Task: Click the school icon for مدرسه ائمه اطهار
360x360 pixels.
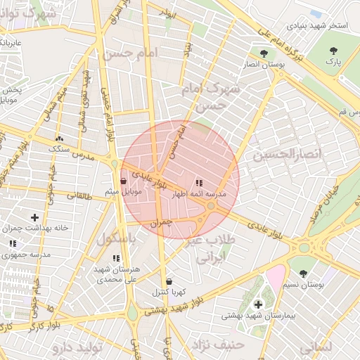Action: [x=199, y=183]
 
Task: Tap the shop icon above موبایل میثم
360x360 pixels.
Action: [x=124, y=181]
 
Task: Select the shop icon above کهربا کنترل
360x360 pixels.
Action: [x=169, y=281]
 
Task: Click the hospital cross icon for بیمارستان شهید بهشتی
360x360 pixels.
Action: [x=259, y=304]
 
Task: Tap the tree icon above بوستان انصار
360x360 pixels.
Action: [x=264, y=53]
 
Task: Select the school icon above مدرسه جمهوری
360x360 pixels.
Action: [x=13, y=243]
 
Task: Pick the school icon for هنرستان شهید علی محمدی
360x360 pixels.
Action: [x=116, y=258]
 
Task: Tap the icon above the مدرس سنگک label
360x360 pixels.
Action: [x=59, y=139]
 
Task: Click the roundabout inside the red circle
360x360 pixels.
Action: [x=211, y=205]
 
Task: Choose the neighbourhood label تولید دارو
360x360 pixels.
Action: [x=80, y=347]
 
